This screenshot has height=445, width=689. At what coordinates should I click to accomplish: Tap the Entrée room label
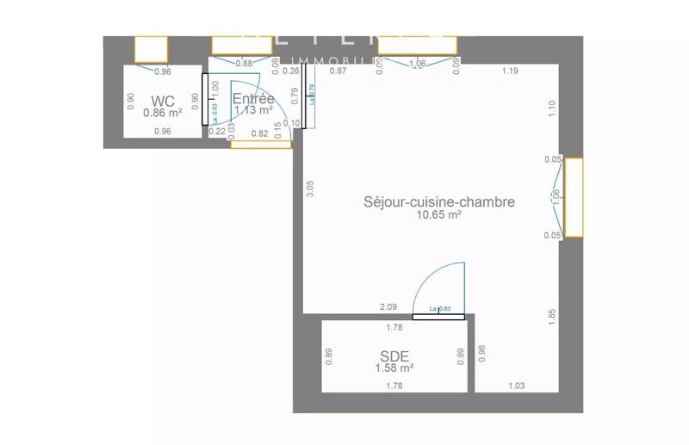253,98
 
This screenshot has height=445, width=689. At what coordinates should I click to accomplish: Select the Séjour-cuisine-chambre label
439,201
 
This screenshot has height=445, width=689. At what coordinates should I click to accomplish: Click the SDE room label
394,355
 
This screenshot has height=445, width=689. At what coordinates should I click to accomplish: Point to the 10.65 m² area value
439,214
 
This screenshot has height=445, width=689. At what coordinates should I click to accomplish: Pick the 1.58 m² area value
394,368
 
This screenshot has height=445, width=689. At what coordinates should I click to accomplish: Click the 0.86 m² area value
162,113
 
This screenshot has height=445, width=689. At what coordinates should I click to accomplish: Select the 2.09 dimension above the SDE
388,307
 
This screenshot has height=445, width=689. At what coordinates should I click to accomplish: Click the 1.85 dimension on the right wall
552,317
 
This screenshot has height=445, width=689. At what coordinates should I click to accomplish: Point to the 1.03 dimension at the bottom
517,386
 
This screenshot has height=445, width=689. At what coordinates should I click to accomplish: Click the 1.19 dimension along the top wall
509,71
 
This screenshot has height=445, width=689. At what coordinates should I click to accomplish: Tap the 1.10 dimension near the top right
552,108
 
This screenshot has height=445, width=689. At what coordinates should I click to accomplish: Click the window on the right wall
574,196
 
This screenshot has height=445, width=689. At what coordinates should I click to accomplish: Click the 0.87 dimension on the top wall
338,71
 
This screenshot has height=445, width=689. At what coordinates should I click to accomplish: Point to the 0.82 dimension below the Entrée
259,133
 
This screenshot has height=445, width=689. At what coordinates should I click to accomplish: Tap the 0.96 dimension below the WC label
162,132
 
